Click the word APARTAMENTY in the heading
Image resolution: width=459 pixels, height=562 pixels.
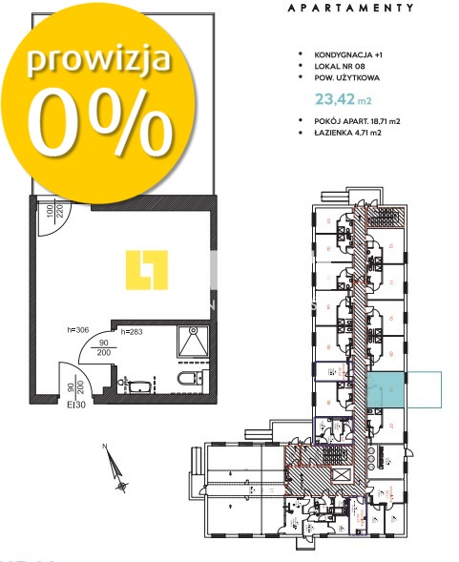pyautogui.click(x=350, y=7)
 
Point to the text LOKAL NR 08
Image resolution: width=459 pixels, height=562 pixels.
pyautogui.click(x=347, y=68)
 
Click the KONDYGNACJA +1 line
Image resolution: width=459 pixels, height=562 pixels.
pyautogui.click(x=358, y=56)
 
